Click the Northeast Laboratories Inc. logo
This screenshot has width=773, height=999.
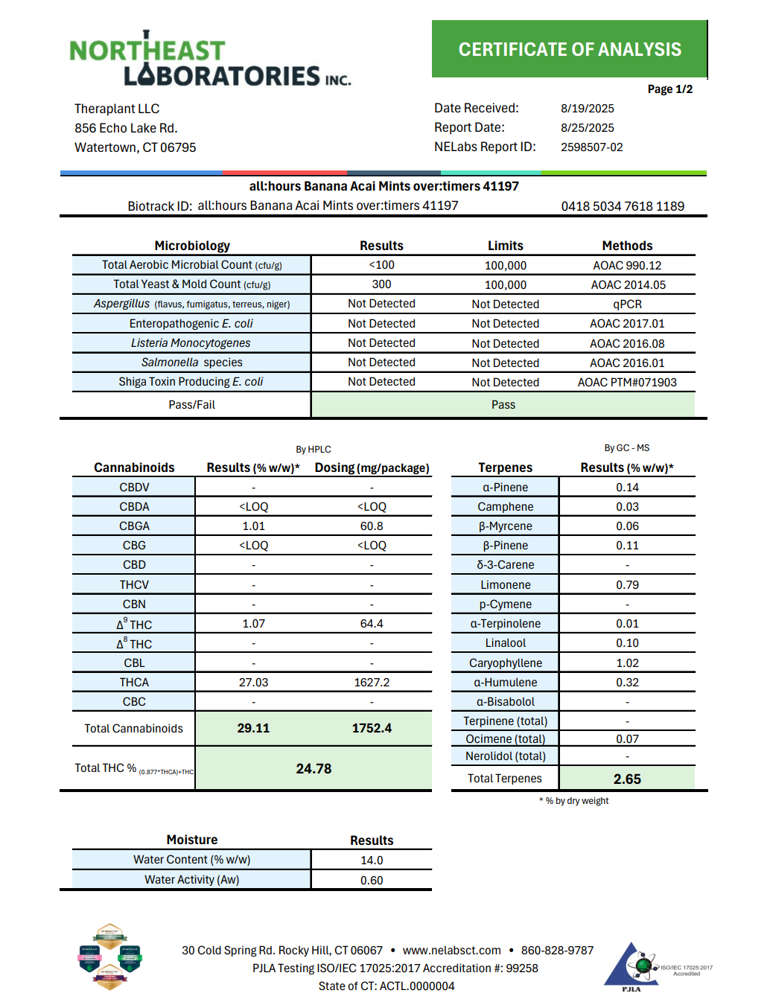pyautogui.click(x=209, y=60)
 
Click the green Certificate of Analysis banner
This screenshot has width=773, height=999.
pyautogui.click(x=569, y=49)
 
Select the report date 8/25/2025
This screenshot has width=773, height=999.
pyautogui.click(x=587, y=128)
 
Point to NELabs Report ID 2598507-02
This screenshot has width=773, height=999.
pyautogui.click(x=591, y=147)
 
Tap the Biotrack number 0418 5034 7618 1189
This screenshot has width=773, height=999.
pyautogui.click(x=622, y=206)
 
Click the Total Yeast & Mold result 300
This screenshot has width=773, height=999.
pyautogui.click(x=381, y=284)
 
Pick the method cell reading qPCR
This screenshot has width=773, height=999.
pyautogui.click(x=627, y=304)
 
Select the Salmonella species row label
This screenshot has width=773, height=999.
pyautogui.click(x=191, y=363)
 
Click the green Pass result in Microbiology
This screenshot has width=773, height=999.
pyautogui.click(x=503, y=405)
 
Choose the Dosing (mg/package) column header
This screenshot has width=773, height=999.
pyautogui.click(x=372, y=467)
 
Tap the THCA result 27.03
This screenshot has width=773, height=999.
pyautogui.click(x=253, y=683)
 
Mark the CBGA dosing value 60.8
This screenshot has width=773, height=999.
pyautogui.click(x=372, y=526)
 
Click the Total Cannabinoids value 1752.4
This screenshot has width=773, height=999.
pyautogui.click(x=372, y=728)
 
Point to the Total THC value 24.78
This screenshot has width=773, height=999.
pyautogui.click(x=314, y=768)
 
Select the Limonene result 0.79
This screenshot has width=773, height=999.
pyautogui.click(x=627, y=585)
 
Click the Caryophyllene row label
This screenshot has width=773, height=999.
pyautogui.click(x=505, y=663)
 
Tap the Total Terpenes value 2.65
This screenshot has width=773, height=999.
pyautogui.click(x=627, y=779)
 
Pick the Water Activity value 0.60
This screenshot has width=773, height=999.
pyautogui.click(x=372, y=880)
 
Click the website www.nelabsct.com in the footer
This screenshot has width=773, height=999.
pyautogui.click(x=451, y=951)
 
